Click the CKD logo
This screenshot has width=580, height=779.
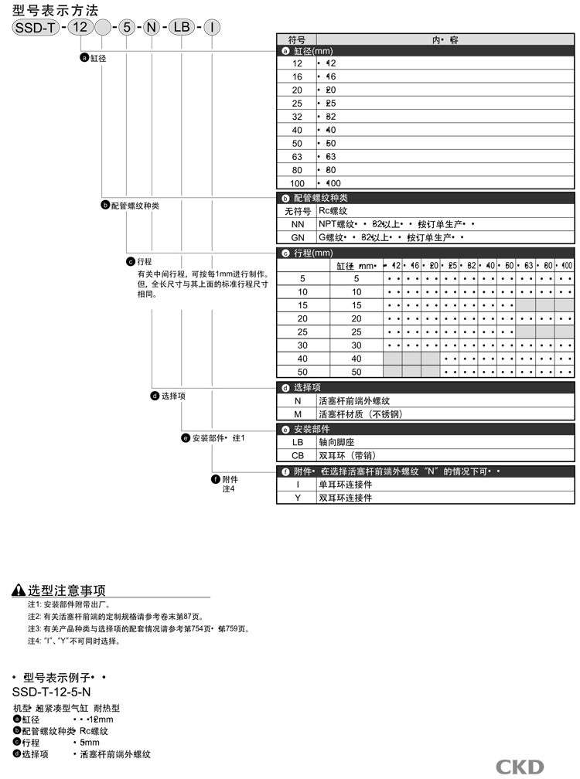coord(520,767)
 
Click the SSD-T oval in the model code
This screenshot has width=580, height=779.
coord(35,27)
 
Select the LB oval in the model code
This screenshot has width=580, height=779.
coord(181,27)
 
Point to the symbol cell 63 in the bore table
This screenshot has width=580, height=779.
coord(297,157)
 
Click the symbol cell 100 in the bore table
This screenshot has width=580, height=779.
coord(297,184)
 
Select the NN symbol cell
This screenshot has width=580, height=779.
coord(297,224)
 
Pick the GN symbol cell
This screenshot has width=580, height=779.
coord(297,237)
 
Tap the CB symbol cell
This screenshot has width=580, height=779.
coord(297,456)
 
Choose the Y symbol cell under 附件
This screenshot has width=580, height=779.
coord(297,498)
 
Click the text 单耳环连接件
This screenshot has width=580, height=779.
coord(345,484)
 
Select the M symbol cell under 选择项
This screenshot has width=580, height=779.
coord(297,414)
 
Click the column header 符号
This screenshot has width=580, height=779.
coord(297,39)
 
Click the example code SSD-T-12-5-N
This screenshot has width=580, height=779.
coord(52,692)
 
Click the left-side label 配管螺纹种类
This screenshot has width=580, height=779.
coord(135,206)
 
